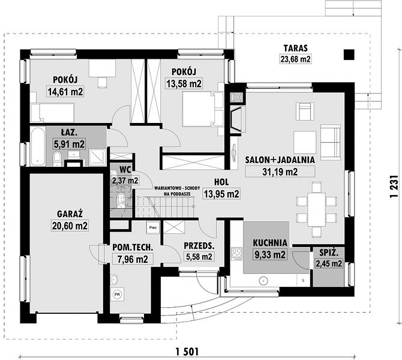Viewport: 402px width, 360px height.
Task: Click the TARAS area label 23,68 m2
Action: pos(295,59)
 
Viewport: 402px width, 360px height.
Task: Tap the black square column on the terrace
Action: pos(349,55)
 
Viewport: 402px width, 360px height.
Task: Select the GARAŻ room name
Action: pos(70,214)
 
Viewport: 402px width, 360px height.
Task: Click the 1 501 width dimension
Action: pos(187,352)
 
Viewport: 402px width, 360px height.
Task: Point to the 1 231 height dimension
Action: pos(394,186)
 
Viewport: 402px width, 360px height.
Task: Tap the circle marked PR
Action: pos(118,294)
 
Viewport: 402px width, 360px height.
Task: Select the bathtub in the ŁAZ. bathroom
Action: pos(38,146)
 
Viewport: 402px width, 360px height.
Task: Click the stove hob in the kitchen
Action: pos(237,253)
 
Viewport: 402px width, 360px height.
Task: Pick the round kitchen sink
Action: pos(263,281)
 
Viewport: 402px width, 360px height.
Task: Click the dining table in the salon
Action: pos(316,209)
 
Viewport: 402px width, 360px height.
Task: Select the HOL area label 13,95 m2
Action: pos(221,194)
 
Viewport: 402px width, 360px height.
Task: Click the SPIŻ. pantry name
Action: pos(329,253)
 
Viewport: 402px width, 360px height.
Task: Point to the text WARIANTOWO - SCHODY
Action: pos(177,188)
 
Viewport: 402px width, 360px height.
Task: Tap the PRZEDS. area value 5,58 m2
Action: pos(199,256)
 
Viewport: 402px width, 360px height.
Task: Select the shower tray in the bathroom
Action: pos(97,157)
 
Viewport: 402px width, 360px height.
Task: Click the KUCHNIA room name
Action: pos(270,242)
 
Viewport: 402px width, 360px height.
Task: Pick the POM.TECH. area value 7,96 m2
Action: pos(133,259)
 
